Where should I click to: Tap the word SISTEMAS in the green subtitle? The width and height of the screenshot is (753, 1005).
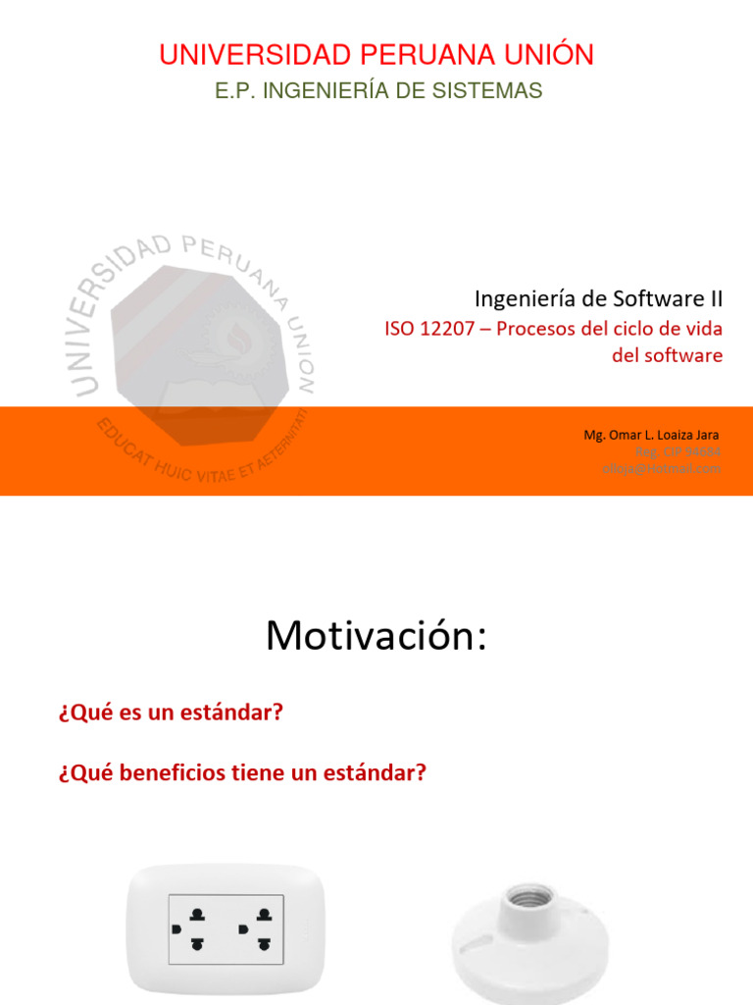pos(494,91)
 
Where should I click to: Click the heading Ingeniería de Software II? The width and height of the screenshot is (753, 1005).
pos(598,296)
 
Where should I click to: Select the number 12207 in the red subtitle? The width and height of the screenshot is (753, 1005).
pos(454,329)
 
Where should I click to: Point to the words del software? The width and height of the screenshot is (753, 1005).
pos(667,355)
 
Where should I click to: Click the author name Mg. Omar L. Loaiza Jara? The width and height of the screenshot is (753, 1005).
pos(652,435)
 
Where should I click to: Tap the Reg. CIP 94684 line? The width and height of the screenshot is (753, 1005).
pos(678,451)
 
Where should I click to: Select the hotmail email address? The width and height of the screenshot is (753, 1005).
pos(662,468)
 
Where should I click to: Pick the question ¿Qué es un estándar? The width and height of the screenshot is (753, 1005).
pos(170,714)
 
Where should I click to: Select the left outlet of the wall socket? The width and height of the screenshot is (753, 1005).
pos(195,928)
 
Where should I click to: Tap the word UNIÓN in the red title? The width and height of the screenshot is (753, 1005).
pos(551,55)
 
